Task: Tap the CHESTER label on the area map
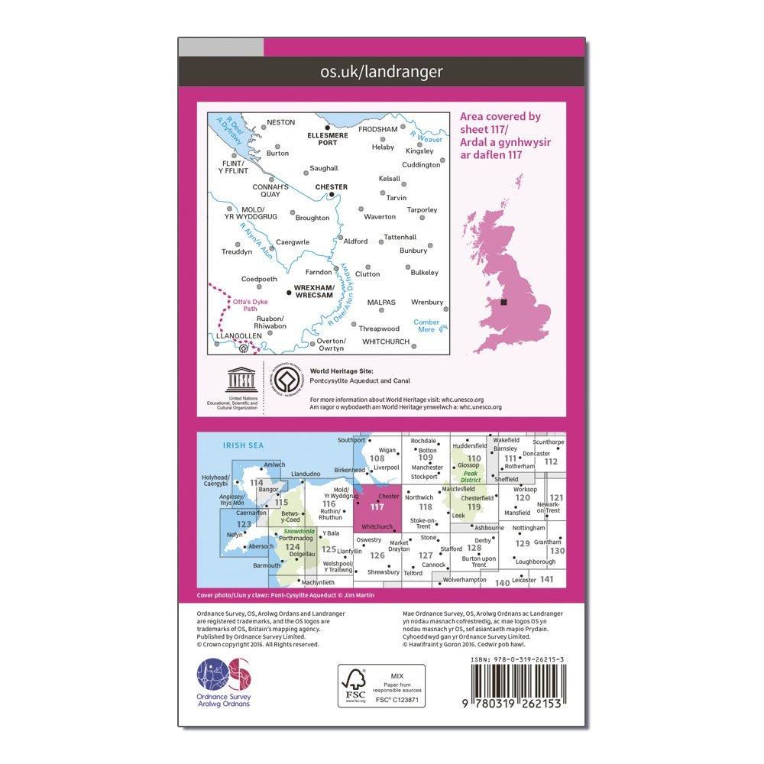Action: tap(331, 186)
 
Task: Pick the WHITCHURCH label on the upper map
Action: tap(386, 341)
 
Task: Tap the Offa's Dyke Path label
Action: tap(245, 306)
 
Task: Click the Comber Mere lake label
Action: tap(426, 325)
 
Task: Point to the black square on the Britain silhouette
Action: tap(503, 303)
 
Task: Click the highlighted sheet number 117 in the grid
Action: tap(377, 506)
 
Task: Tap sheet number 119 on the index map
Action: tap(474, 506)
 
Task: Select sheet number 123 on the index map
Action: tap(244, 524)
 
